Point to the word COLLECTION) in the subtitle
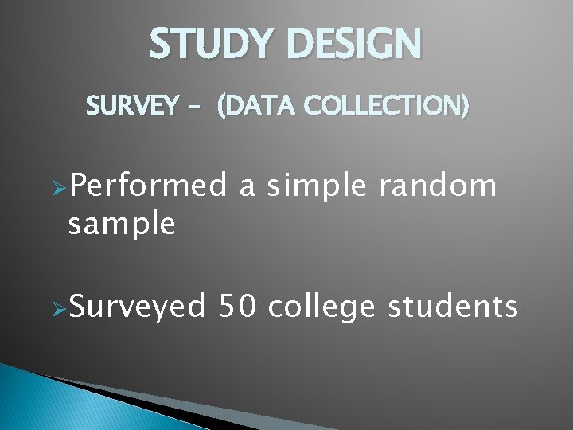point(380,105)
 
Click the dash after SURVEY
point(194,106)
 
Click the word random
point(439,187)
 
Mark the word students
point(453,306)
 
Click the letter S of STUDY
point(162,45)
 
